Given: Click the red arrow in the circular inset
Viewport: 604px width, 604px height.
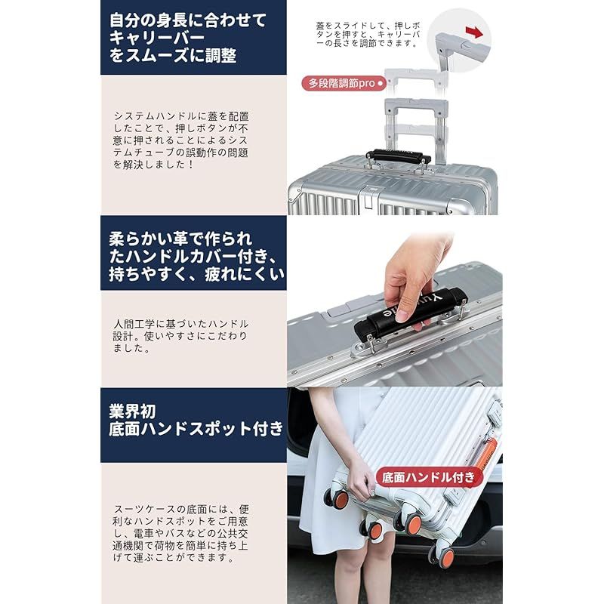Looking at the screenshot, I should [473, 31].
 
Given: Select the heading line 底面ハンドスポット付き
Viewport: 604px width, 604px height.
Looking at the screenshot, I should [195, 429].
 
